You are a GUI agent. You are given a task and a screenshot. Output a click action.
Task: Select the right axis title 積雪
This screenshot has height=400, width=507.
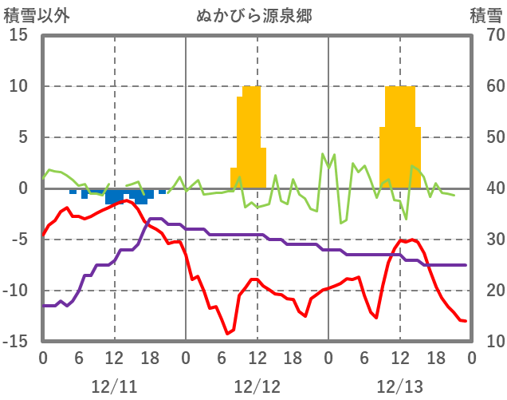coord(485,15)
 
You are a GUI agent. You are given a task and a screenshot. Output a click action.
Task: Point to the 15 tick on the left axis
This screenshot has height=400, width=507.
coord(19,36)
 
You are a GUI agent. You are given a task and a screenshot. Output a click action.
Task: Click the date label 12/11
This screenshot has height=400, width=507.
coord(114,387)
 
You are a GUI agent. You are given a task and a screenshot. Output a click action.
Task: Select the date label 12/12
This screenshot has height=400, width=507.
coord(257,387)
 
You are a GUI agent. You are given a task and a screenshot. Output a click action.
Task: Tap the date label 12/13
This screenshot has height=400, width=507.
coord(399,387)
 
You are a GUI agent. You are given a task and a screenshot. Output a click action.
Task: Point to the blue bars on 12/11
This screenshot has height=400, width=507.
coord(120,196)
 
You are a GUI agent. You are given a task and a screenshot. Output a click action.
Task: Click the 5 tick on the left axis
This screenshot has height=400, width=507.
coord(23,137)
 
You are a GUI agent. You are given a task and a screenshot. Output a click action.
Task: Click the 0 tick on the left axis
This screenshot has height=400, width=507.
coord(23,188)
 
